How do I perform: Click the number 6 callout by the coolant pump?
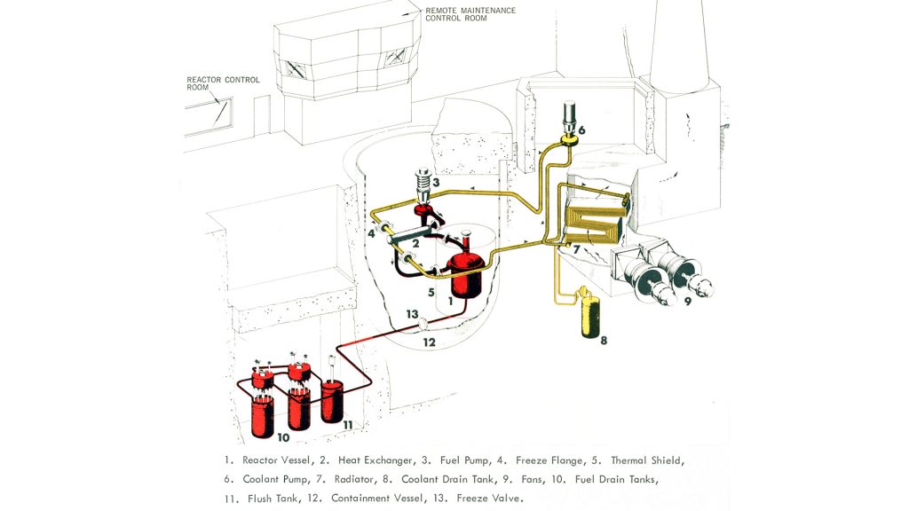point(581,130)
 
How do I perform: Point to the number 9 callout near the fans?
point(686,301)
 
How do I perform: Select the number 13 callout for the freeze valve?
point(412,313)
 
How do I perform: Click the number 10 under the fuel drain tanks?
point(283,437)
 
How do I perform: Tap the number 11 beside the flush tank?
point(348,425)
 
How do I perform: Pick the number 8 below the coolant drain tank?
point(604,339)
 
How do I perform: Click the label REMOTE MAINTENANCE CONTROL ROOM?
point(470,14)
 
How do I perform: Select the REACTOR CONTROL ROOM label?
point(223,83)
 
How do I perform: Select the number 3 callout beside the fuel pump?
point(436,183)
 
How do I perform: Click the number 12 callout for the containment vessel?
point(429,342)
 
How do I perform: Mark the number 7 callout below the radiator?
point(576,250)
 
